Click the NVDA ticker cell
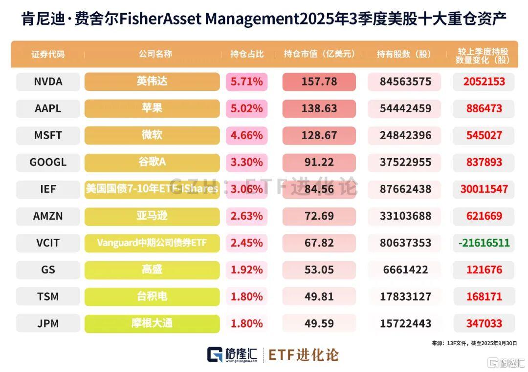pyautogui.click(x=48, y=82)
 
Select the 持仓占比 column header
pyautogui.click(x=247, y=54)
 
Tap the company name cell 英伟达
pyautogui.click(x=152, y=82)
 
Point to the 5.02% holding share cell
pyautogui.click(x=247, y=108)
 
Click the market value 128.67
pyautogui.click(x=319, y=135)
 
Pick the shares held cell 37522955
pyautogui.click(x=404, y=162)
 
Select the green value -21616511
pyautogui.click(x=484, y=243)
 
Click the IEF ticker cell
pyautogui.click(x=48, y=189)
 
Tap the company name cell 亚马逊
pyautogui.click(x=152, y=216)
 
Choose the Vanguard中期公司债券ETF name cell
pyautogui.click(x=152, y=243)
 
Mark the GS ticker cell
pyautogui.click(x=48, y=269)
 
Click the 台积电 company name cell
pyautogui.click(x=152, y=296)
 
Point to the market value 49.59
pyautogui.click(x=319, y=323)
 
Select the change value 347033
pyautogui.click(x=484, y=323)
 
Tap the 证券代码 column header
pyautogui.click(x=48, y=54)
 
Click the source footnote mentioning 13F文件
pyautogui.click(x=474, y=343)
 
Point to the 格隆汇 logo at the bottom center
pyautogui.click(x=232, y=355)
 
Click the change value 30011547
pyautogui.click(x=484, y=189)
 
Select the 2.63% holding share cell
pyautogui.click(x=247, y=216)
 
